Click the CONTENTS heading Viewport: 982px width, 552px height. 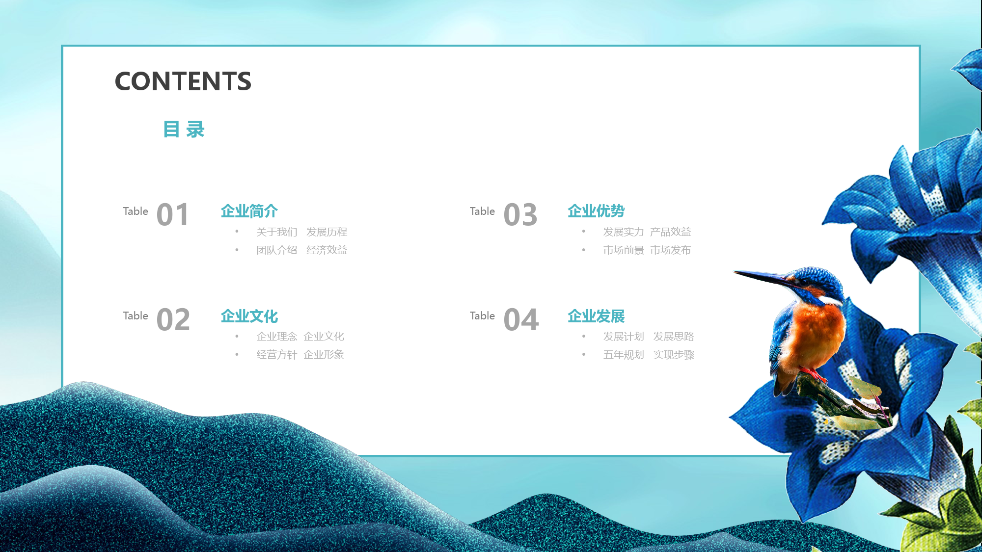[183, 81]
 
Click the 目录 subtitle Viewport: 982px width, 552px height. [184, 130]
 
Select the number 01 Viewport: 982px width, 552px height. [172, 215]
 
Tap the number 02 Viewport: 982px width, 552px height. [173, 320]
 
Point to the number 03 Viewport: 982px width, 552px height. [520, 215]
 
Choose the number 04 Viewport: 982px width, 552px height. [521, 320]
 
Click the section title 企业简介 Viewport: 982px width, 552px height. [249, 211]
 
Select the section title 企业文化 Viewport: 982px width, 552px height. [249, 316]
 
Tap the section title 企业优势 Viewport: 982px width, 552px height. [596, 211]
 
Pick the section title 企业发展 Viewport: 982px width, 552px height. [596, 316]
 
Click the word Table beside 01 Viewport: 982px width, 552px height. [136, 211]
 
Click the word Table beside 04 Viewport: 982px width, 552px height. [482, 315]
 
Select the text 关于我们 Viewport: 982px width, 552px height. [277, 232]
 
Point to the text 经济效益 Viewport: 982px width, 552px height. [327, 250]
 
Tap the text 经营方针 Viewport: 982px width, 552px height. [277, 354]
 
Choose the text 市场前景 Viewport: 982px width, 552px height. [624, 250]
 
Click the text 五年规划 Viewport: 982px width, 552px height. [624, 354]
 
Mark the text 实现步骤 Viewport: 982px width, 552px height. [674, 354]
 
